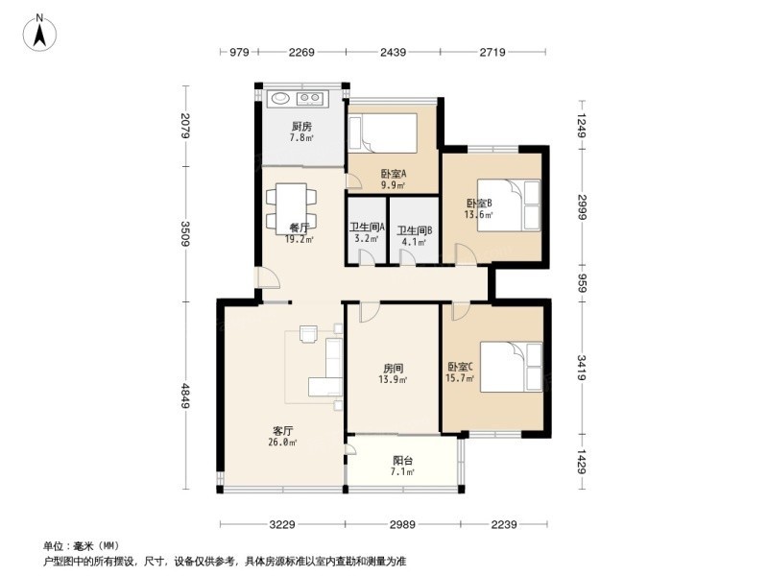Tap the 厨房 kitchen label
301,132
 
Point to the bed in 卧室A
383,133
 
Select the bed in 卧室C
513,367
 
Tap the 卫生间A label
366,234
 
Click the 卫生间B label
415,235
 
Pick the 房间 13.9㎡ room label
393,373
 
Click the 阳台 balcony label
403,466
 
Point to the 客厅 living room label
280,437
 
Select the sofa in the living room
330,368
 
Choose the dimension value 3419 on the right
582,368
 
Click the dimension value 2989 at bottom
402,523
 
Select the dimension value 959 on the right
582,283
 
